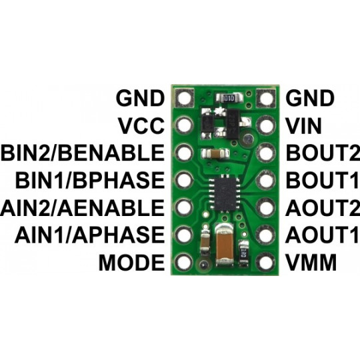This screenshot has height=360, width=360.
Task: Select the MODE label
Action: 131,263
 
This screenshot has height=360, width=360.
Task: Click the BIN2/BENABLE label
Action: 83,153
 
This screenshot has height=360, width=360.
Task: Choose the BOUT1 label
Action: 317,180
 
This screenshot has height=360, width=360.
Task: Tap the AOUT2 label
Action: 318,207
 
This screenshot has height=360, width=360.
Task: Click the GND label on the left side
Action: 141,98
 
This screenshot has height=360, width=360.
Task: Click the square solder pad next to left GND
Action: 184,99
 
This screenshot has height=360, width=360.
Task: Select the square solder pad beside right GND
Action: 267,99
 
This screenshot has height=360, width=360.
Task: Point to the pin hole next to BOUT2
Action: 267,153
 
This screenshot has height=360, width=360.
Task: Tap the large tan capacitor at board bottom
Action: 225,246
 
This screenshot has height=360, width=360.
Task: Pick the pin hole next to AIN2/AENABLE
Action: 184,207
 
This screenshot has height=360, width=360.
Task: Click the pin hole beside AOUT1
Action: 267,235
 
